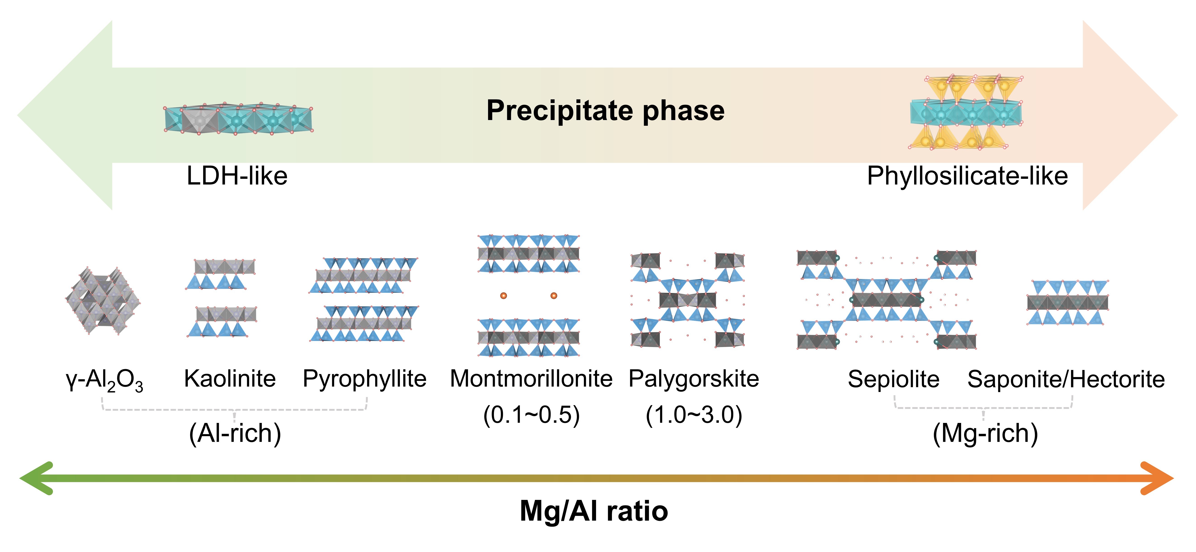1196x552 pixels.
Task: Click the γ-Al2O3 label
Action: pos(104,380)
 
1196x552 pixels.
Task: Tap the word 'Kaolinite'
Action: pos(230,379)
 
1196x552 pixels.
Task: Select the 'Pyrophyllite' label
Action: pos(364,379)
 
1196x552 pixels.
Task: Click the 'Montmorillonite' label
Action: pos(531,379)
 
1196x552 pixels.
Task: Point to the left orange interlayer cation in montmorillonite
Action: pos(503,295)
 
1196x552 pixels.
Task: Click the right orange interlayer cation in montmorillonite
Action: pos(553,295)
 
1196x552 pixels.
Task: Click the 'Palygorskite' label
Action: pos(694,379)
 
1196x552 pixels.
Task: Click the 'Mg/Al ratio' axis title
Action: pos(594,511)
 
